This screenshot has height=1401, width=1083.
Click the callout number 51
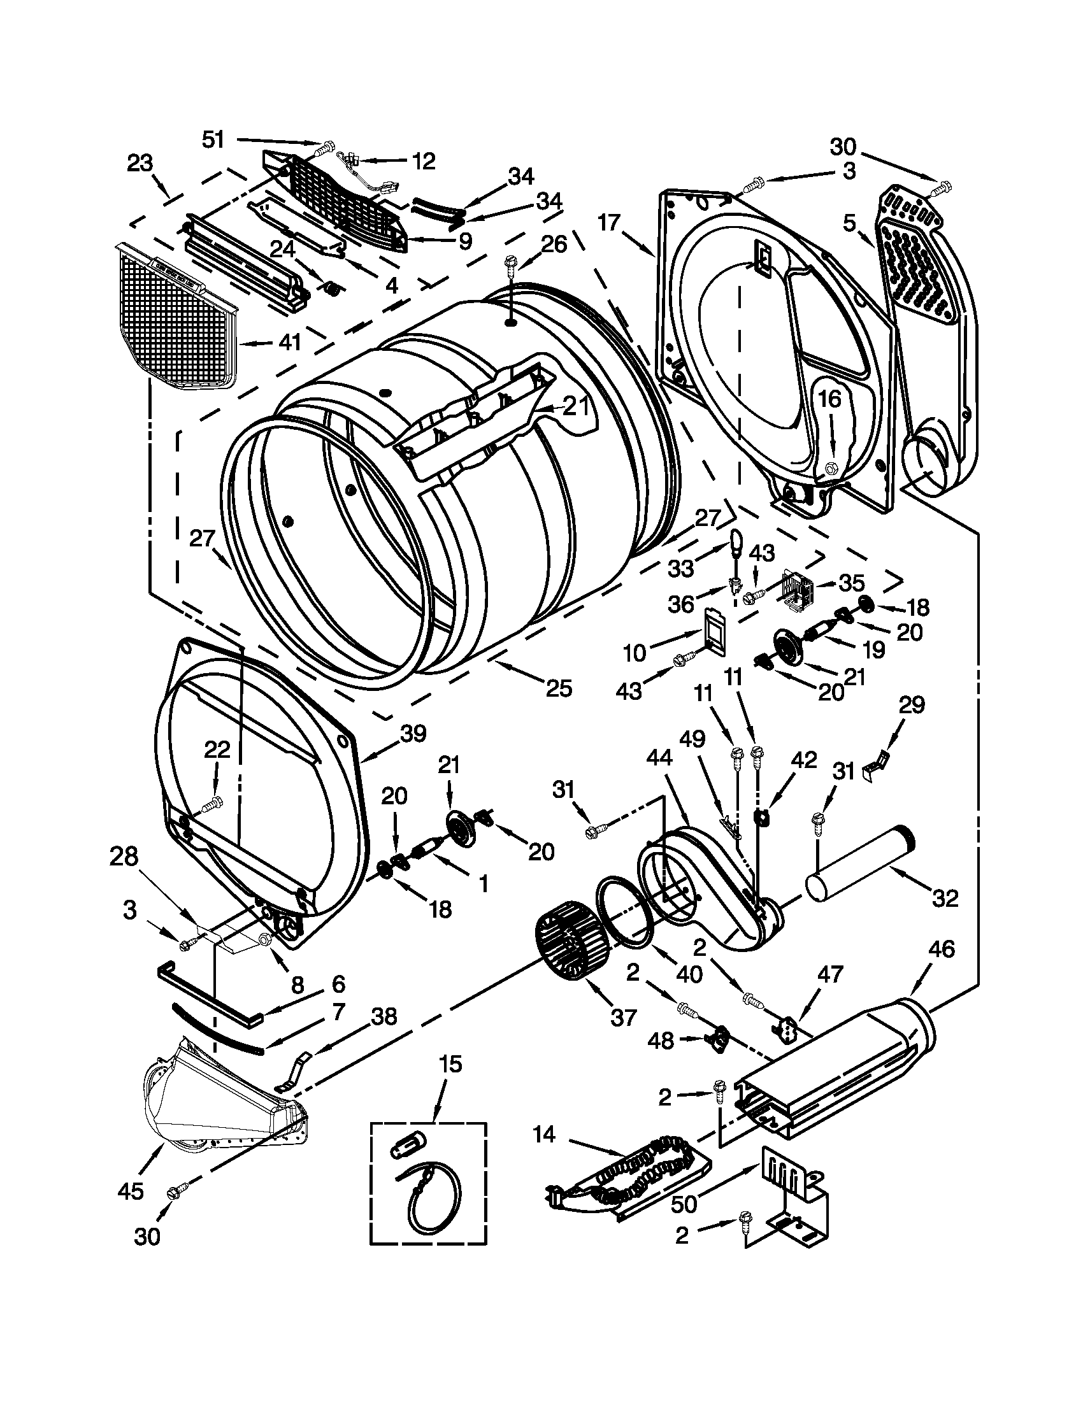(x=213, y=139)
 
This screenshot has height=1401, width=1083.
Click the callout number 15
(x=450, y=1063)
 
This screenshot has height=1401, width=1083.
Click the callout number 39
(x=413, y=733)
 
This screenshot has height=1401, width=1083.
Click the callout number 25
(x=558, y=688)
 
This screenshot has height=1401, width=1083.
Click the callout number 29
(x=912, y=705)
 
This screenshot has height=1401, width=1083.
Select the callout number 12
(x=423, y=160)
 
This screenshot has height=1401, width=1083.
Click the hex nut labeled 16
(x=829, y=468)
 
